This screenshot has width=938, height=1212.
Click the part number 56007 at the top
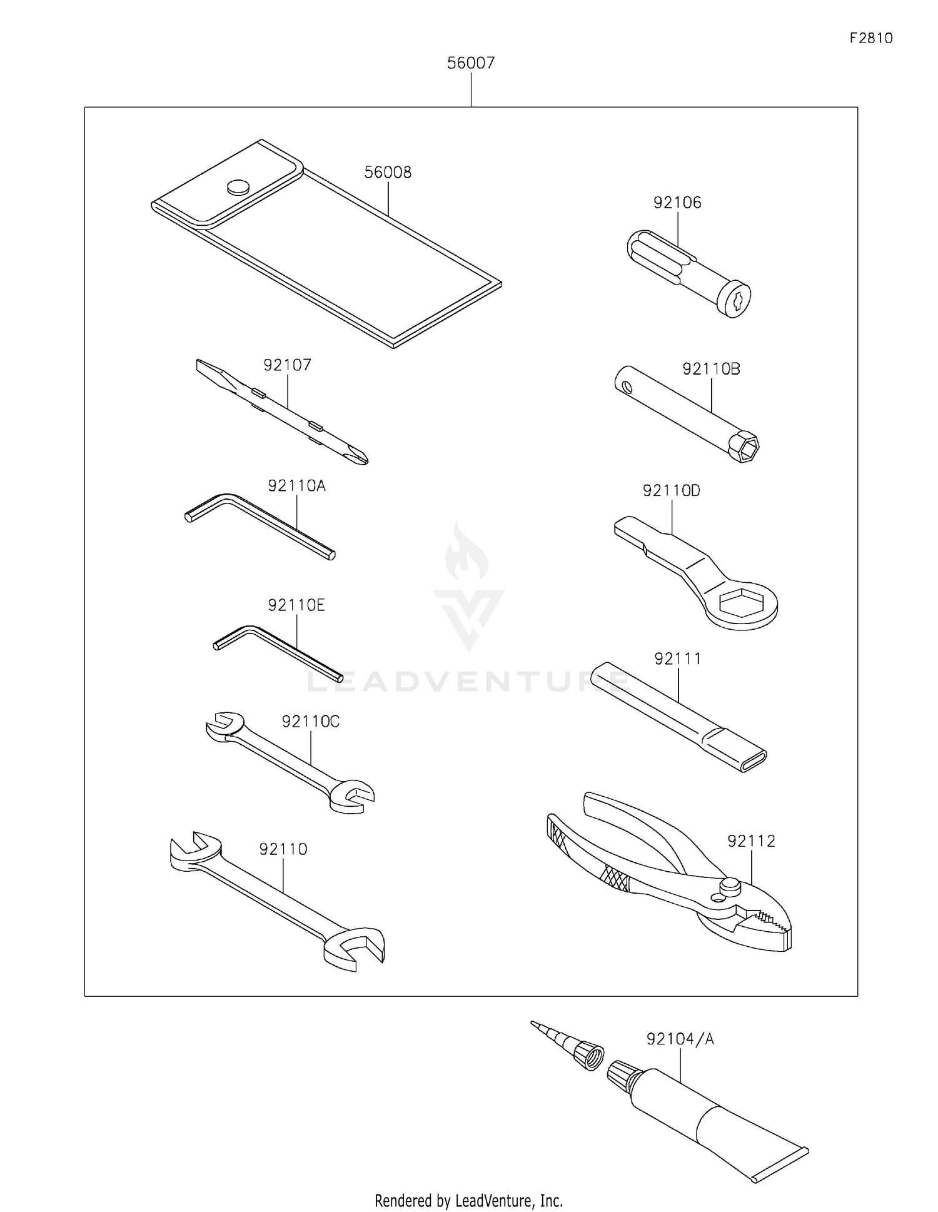470,63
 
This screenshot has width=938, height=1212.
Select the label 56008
388,173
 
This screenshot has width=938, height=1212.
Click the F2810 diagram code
871,38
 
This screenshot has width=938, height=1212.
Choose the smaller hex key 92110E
275,650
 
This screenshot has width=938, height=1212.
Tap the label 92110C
310,722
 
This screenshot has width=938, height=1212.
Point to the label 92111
678,659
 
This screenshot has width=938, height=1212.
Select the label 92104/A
680,1039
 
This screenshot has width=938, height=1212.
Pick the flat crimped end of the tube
782,1165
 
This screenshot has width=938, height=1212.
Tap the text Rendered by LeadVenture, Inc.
468,1200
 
